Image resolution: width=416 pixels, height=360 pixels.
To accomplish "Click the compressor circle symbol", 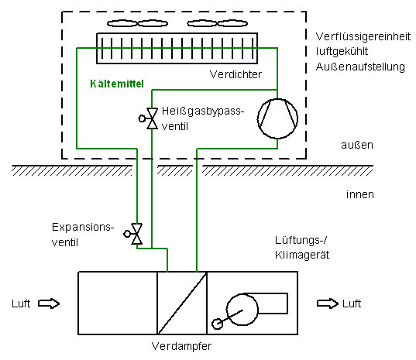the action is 277,100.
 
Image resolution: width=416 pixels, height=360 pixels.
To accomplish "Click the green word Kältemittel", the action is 117,84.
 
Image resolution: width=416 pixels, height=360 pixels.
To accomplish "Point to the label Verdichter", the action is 236,74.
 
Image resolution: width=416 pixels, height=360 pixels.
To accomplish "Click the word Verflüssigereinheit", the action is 363,36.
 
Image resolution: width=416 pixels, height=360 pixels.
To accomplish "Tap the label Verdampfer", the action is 181,346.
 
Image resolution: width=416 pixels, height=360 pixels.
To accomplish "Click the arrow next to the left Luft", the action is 49,303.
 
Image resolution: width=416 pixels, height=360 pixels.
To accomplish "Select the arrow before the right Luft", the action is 328,303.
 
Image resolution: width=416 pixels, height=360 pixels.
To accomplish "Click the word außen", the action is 357,145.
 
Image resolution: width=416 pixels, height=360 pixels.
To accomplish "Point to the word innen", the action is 360,194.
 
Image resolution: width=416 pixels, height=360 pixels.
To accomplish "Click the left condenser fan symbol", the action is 137,23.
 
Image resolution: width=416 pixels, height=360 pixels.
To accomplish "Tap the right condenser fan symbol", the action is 217,23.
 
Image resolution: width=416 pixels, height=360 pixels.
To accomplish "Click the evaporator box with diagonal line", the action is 182,303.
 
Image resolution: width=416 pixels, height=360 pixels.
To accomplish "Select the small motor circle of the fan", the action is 217,324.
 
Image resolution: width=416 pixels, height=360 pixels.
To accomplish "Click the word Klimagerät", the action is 302,255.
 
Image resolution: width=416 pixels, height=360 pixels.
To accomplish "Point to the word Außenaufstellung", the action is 360,67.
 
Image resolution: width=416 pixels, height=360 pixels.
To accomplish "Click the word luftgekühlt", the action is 342,51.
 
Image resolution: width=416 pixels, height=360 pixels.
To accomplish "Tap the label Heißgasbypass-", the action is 203,111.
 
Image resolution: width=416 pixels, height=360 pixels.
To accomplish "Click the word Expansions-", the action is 83,228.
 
